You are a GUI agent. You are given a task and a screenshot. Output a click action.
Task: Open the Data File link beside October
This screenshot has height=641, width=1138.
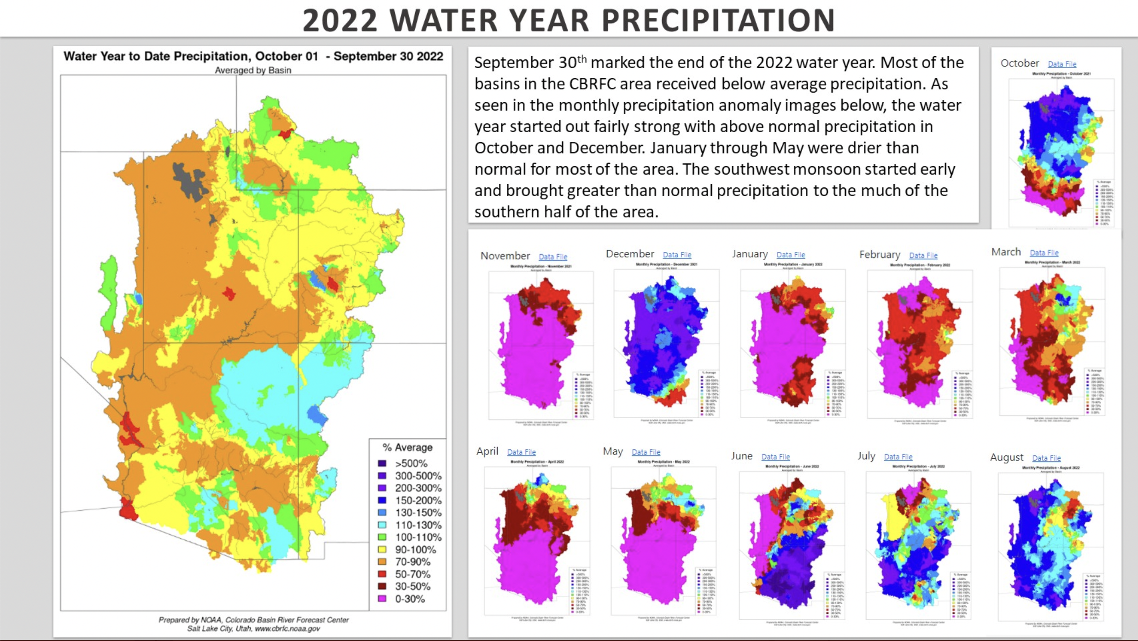1062,64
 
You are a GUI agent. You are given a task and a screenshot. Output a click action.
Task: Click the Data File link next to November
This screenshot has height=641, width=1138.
553,257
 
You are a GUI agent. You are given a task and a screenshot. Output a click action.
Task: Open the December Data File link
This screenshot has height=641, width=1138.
677,255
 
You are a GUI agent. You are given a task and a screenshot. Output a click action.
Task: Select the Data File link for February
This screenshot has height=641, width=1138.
923,256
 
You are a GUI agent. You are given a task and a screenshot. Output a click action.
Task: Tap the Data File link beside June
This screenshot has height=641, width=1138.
775,457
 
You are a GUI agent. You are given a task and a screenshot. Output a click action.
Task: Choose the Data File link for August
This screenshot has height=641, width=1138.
1046,458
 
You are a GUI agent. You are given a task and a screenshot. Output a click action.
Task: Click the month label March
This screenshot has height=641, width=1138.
1006,252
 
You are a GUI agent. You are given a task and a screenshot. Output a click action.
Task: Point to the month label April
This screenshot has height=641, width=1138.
487,451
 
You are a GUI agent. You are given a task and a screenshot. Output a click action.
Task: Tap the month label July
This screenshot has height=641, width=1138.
866,456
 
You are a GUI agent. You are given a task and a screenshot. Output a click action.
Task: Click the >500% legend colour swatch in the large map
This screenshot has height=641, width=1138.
382,463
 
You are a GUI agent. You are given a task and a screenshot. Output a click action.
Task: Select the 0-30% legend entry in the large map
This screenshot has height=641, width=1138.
410,599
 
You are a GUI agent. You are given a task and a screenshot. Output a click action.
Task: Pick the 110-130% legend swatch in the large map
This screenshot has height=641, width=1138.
382,525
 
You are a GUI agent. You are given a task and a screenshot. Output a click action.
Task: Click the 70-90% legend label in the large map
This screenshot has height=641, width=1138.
413,562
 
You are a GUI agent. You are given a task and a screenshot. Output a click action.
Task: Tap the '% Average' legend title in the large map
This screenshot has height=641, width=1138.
408,448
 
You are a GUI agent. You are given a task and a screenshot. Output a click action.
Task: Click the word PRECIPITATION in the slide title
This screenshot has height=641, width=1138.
718,20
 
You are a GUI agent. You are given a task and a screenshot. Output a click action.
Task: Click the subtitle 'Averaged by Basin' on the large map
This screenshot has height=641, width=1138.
253,70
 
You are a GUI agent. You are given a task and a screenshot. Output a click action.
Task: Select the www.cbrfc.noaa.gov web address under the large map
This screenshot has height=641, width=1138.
287,629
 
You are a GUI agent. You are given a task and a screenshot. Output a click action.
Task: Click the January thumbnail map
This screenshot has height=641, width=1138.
792,343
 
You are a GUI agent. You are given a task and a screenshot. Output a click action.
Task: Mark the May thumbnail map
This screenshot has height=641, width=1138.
663,541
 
